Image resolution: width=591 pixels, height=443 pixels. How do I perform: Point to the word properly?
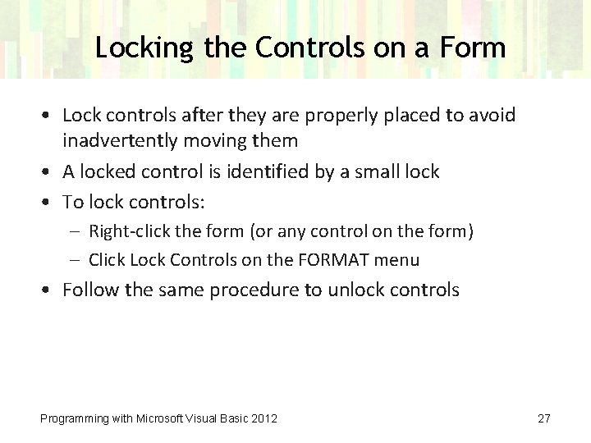(335, 115)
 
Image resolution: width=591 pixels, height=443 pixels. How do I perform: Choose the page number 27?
(543, 418)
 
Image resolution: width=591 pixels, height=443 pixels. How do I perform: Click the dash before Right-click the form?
(76, 231)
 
